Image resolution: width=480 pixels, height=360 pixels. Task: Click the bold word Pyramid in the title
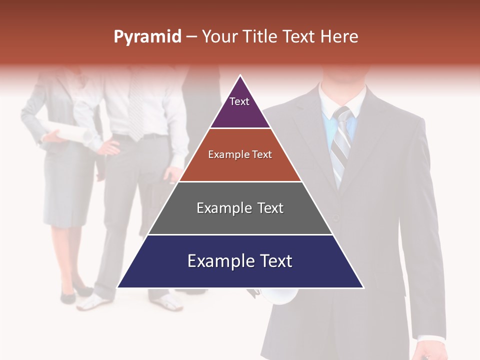pyautogui.click(x=147, y=37)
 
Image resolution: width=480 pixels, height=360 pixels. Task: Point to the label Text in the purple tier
pyautogui.click(x=239, y=101)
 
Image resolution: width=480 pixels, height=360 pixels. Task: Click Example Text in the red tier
pyautogui.click(x=240, y=154)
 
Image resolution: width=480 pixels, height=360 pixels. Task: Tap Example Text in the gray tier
pyautogui.click(x=240, y=208)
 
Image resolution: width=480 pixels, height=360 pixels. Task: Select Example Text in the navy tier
pyautogui.click(x=240, y=261)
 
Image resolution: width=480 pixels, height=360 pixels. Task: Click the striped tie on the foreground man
pyautogui.click(x=341, y=145)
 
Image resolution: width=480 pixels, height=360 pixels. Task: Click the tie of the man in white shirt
pyautogui.click(x=135, y=110)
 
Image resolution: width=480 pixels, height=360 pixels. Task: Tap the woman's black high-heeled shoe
pyautogui.click(x=67, y=297)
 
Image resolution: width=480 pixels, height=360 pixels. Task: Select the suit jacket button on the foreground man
pyautogui.click(x=336, y=217)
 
